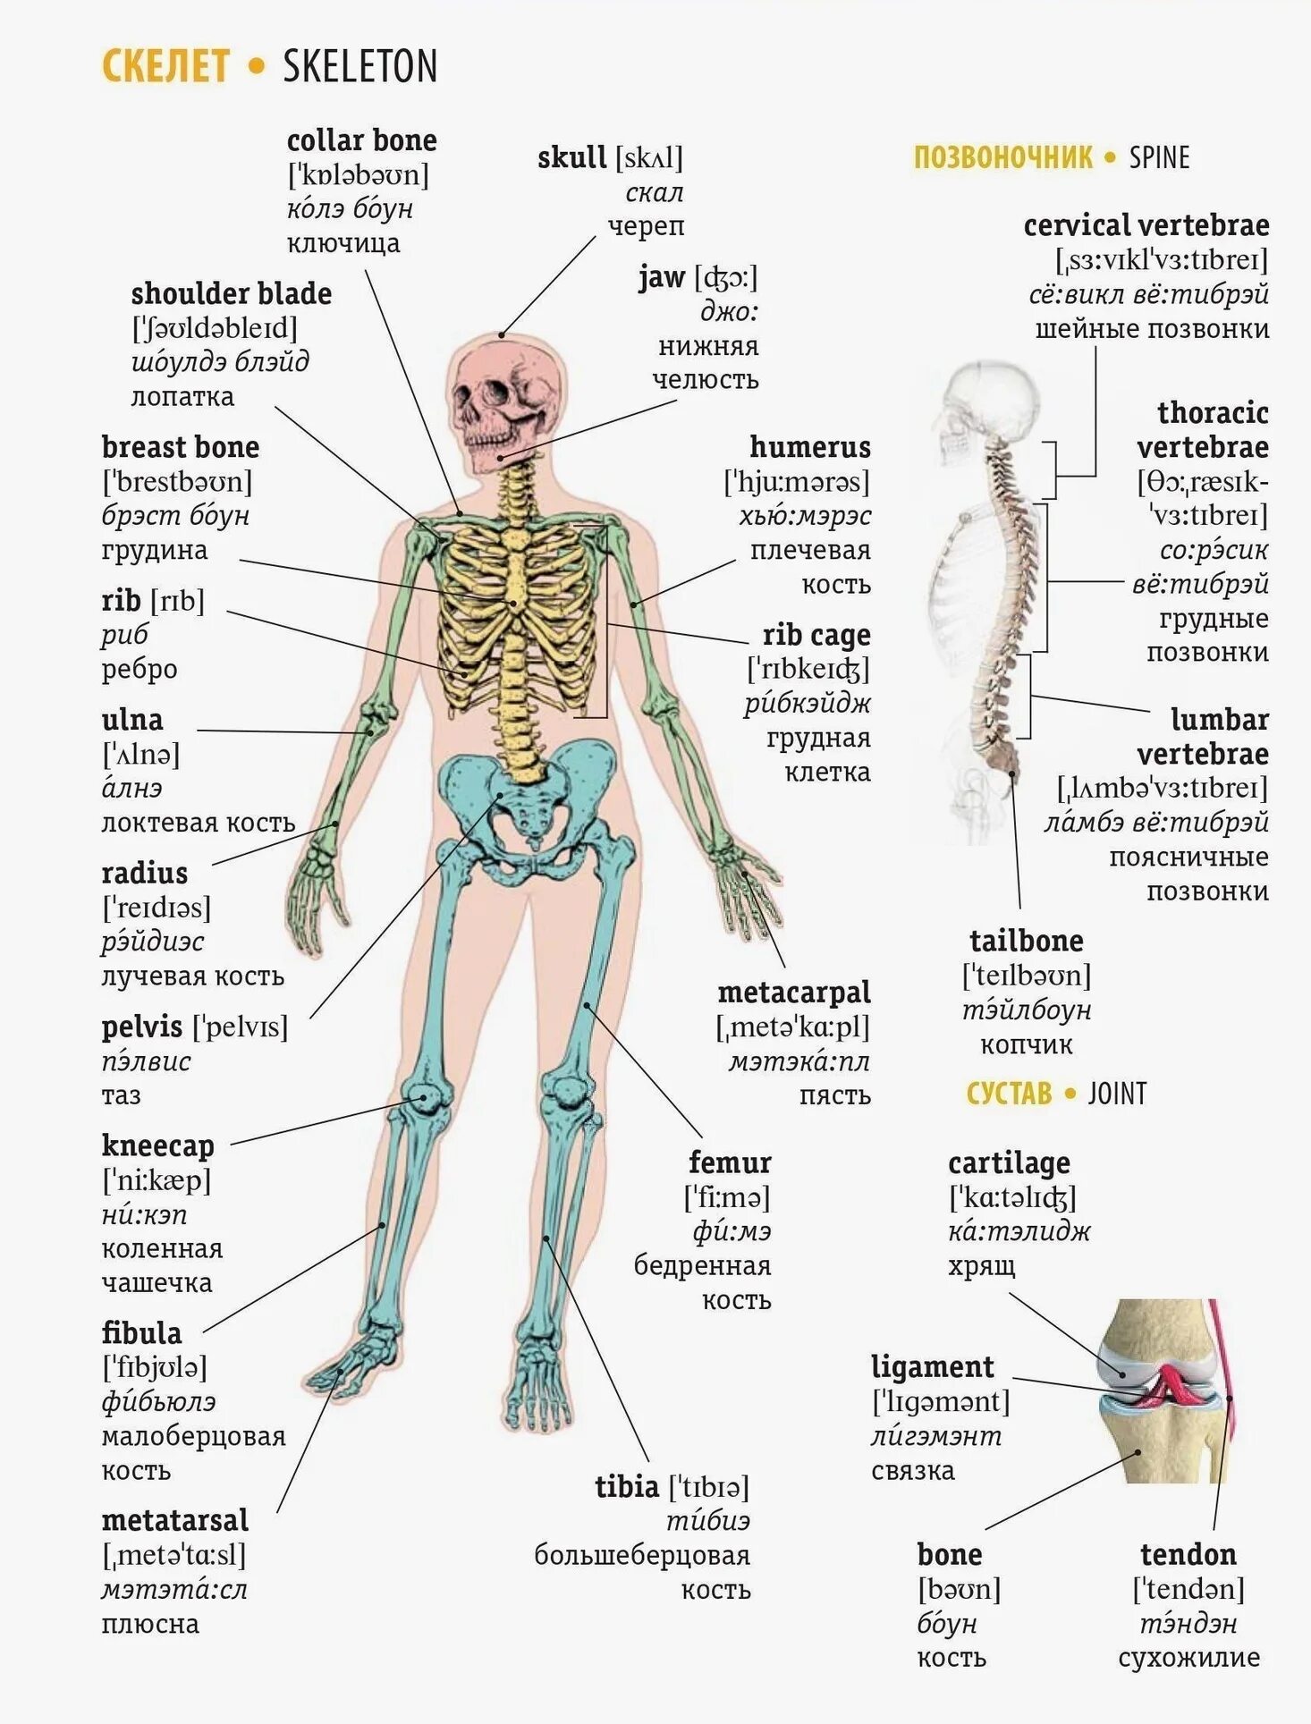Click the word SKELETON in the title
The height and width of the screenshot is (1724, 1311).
pyautogui.click(x=359, y=67)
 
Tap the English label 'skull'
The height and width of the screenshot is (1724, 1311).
pyautogui.click(x=571, y=158)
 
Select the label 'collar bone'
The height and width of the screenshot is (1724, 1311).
pyautogui.click(x=361, y=140)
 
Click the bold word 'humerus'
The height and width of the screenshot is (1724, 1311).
pyautogui.click(x=809, y=447)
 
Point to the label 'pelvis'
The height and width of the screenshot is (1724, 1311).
pyautogui.click(x=141, y=1027)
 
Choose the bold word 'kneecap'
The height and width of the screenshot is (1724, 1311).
pyautogui.click(x=157, y=1145)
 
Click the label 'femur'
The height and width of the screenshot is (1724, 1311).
pyautogui.click(x=729, y=1162)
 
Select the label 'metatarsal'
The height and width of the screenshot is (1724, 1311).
pyautogui.click(x=174, y=1520)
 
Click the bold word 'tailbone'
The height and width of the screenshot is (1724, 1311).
pyautogui.click(x=1026, y=941)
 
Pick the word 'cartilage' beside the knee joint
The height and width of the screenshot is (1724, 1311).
pyautogui.click(x=1009, y=1162)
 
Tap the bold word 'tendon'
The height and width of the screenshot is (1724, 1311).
pyautogui.click(x=1188, y=1554)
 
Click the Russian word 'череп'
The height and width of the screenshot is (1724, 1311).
pyautogui.click(x=646, y=226)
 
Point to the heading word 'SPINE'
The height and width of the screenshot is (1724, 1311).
pyautogui.click(x=1159, y=158)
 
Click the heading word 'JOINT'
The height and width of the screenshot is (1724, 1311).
pyautogui.click(x=1117, y=1094)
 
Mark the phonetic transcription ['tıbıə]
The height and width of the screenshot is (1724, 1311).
pyautogui.click(x=709, y=1487)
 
